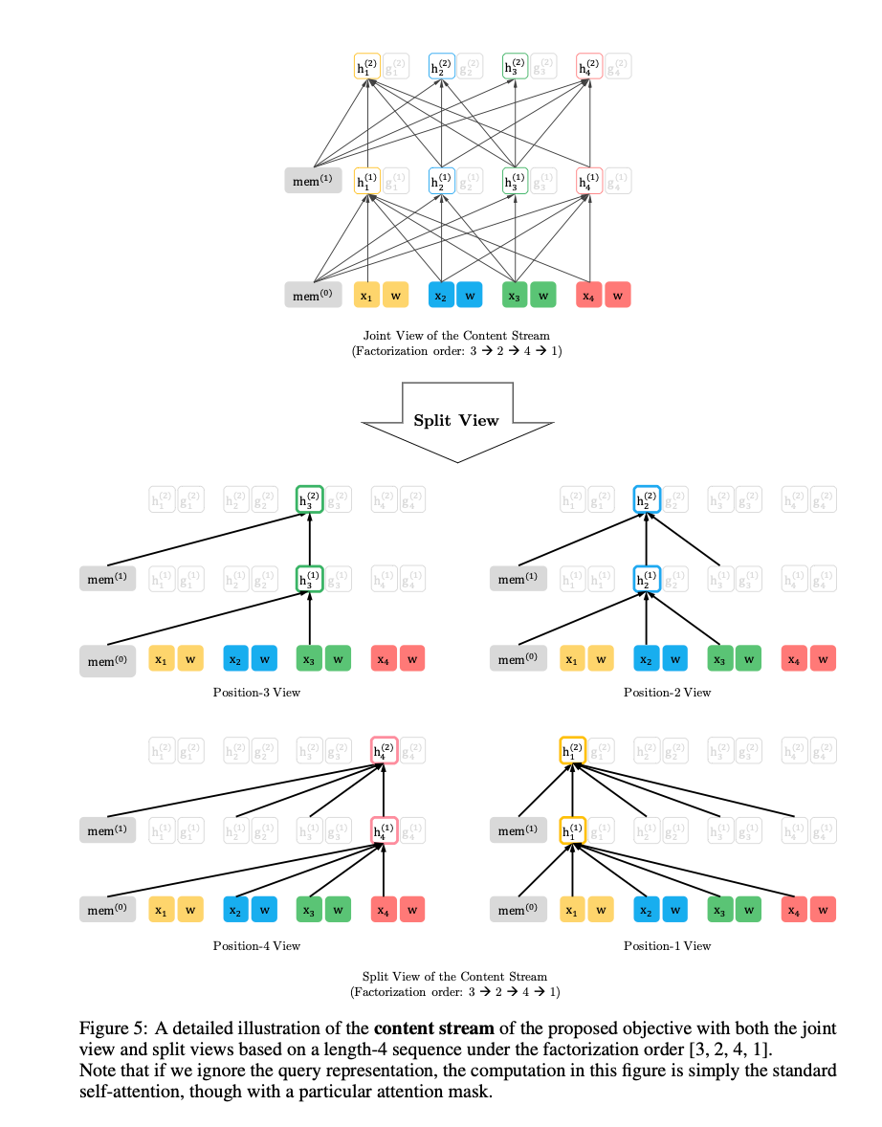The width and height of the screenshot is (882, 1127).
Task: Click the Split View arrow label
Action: [x=455, y=420]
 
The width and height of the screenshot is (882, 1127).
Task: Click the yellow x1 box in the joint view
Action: [x=366, y=296]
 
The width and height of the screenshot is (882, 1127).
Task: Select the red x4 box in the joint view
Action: [x=589, y=296]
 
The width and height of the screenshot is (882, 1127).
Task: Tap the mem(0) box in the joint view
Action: [x=313, y=296]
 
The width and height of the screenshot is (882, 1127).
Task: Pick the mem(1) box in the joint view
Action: [x=313, y=180]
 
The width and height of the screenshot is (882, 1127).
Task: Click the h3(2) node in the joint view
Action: [x=516, y=67]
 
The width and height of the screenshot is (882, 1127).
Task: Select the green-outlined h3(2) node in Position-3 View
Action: [x=309, y=499]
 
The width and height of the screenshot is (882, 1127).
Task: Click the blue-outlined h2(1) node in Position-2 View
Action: [x=647, y=579]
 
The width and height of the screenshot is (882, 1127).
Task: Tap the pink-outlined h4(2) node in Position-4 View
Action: [x=383, y=752]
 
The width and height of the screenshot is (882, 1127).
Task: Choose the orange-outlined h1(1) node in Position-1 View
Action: [x=572, y=830]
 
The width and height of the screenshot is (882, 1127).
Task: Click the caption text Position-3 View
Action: [x=256, y=692]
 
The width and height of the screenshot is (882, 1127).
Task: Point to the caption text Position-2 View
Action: [x=667, y=692]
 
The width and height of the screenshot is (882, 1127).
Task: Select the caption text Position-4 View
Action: [x=256, y=945]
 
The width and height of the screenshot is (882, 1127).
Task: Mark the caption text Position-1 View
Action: [x=667, y=945]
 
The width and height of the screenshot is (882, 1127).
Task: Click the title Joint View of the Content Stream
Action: [x=456, y=335]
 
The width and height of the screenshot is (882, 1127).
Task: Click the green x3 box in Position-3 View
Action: [x=309, y=659]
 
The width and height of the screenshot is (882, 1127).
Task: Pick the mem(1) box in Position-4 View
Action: [x=107, y=830]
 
